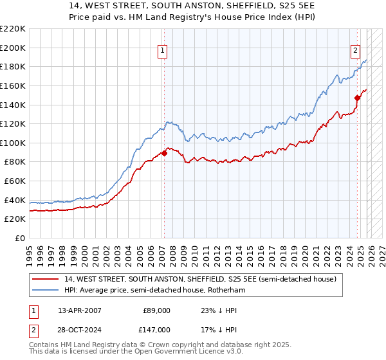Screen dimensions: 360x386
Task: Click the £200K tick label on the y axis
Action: click(13, 48)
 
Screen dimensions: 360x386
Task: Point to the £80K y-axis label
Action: click(15, 162)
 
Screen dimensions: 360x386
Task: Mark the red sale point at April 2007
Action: click(163, 153)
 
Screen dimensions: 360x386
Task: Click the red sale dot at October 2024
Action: click(357, 98)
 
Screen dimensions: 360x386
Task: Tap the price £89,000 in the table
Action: click(156, 310)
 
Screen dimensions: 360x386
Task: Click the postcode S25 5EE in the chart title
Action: click(235, 5)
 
